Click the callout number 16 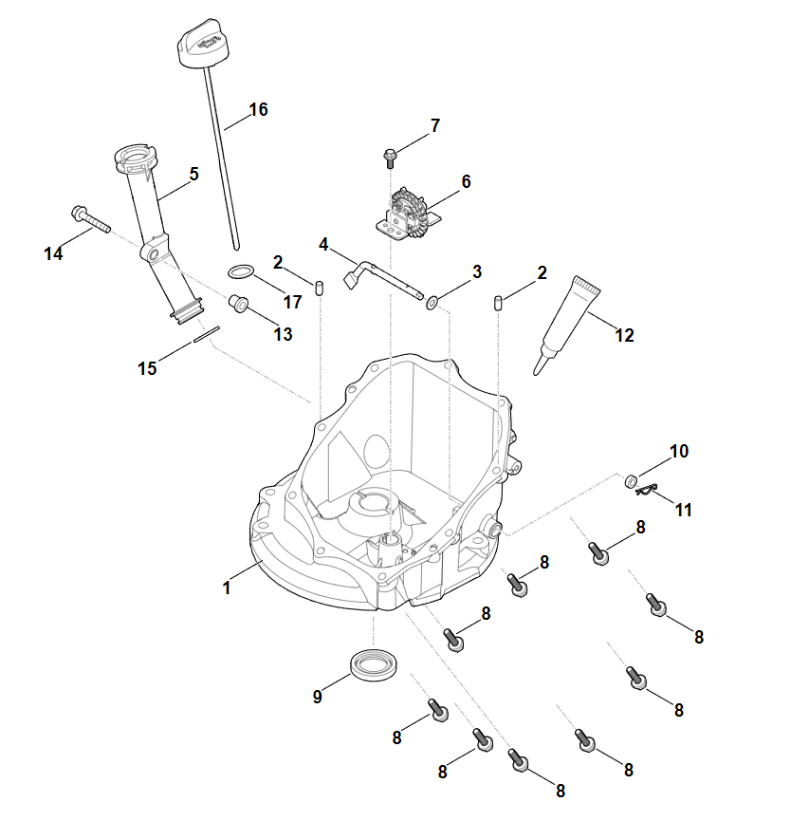[x=258, y=109]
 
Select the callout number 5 [x=193, y=174]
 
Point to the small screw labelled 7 [x=390, y=155]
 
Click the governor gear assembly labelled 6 [x=409, y=212]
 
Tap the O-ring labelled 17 [x=242, y=272]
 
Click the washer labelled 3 [x=432, y=303]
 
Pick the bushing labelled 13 [x=238, y=304]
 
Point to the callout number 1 [x=226, y=588]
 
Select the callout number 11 [x=684, y=510]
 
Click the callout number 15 [x=147, y=368]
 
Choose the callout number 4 [x=323, y=244]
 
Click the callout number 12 [x=624, y=334]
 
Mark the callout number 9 [x=317, y=697]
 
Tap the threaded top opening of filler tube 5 [x=132, y=154]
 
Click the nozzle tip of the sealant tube [x=539, y=367]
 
